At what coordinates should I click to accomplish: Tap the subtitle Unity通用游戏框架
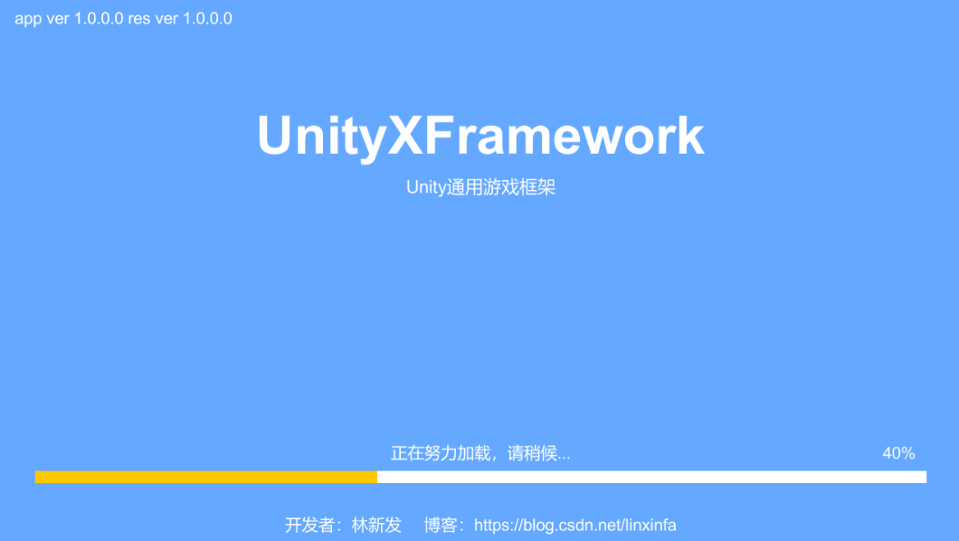coord(480,188)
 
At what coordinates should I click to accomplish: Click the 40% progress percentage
coord(898,453)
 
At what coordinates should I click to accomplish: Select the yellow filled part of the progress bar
coord(206,477)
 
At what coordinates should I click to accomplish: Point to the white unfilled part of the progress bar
coord(651,477)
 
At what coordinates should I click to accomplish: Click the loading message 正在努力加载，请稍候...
coord(480,453)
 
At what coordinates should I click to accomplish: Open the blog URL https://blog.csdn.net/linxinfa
coord(574,526)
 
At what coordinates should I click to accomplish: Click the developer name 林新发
coord(376,526)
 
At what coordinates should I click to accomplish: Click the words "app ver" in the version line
coord(41,19)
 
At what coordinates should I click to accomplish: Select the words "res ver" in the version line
coord(153,19)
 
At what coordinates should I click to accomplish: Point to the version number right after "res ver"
coord(207,19)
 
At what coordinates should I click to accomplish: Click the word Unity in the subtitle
coord(425,188)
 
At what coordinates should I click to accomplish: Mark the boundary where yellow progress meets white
coord(377,477)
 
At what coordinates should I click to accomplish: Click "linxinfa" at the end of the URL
coord(650,526)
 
